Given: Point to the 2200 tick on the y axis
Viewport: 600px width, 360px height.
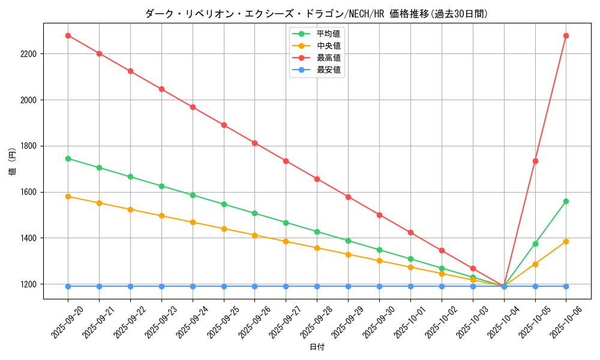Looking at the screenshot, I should click(x=29, y=54).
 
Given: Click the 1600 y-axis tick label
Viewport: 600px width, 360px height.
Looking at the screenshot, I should click(x=29, y=192).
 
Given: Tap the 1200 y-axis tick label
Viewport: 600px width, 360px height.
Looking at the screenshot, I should click(x=29, y=284).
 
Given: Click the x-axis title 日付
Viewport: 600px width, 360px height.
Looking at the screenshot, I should click(x=317, y=347).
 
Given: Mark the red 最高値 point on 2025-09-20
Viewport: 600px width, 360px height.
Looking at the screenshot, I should click(x=68, y=35).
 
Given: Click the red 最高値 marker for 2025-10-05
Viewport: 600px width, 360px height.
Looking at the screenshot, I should click(x=535, y=161).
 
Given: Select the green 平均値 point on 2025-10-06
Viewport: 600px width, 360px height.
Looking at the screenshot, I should click(x=566, y=201).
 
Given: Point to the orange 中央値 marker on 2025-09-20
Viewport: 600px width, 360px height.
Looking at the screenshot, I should click(x=68, y=196).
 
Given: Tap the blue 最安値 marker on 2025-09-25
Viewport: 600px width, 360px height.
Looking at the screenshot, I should click(x=224, y=286).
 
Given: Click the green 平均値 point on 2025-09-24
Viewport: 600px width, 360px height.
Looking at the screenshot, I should click(x=193, y=195).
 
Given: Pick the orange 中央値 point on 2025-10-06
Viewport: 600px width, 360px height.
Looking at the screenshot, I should click(x=566, y=241).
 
